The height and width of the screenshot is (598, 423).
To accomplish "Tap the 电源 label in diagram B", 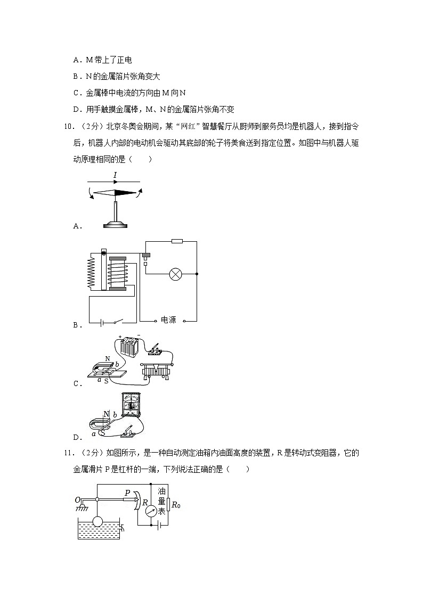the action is [168, 320].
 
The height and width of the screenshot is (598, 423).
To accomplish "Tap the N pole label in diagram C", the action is [108, 359].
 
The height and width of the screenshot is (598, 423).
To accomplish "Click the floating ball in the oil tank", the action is [97, 522].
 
